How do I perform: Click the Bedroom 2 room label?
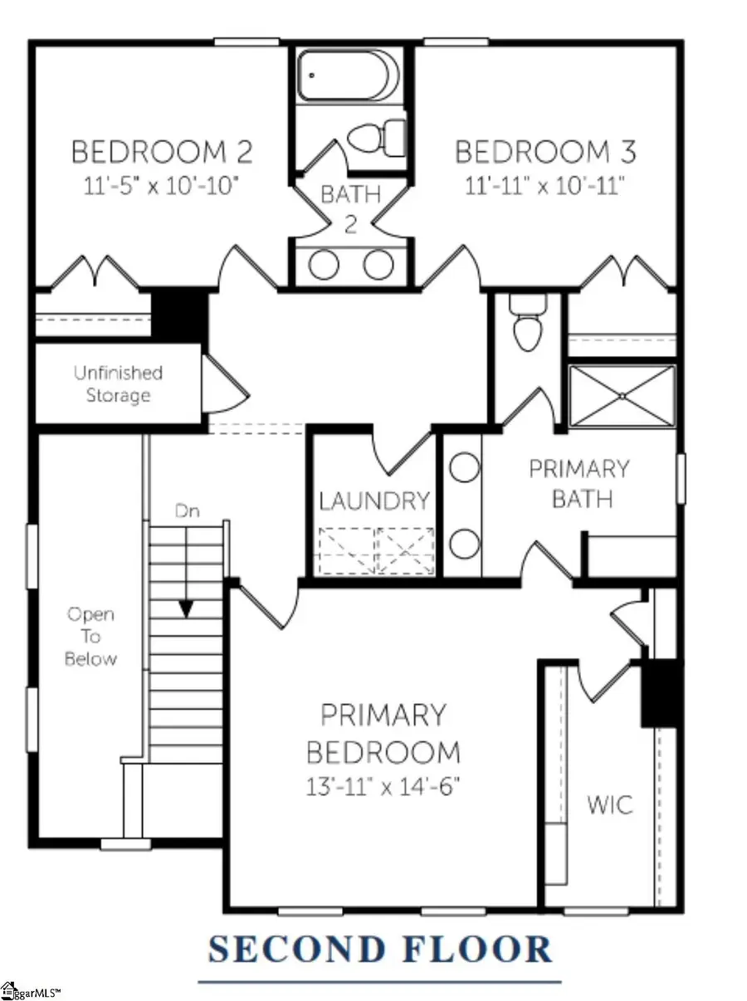click(x=161, y=153)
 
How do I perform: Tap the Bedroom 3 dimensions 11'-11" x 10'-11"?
click(x=545, y=183)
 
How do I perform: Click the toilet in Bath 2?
click(x=375, y=138)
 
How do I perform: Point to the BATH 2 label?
click(x=350, y=209)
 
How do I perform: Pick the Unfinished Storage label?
click(x=118, y=384)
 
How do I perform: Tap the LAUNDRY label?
click(x=374, y=501)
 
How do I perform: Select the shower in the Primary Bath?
click(x=622, y=397)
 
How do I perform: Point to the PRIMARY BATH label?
click(x=579, y=484)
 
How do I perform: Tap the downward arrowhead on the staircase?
click(x=186, y=609)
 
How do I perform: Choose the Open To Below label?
click(x=91, y=637)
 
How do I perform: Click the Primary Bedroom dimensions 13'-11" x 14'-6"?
click(x=383, y=786)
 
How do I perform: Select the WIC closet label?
click(x=610, y=804)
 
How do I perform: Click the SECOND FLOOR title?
click(x=379, y=950)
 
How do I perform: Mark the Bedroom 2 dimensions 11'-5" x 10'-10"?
click(x=161, y=183)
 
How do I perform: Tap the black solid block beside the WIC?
click(x=662, y=694)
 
